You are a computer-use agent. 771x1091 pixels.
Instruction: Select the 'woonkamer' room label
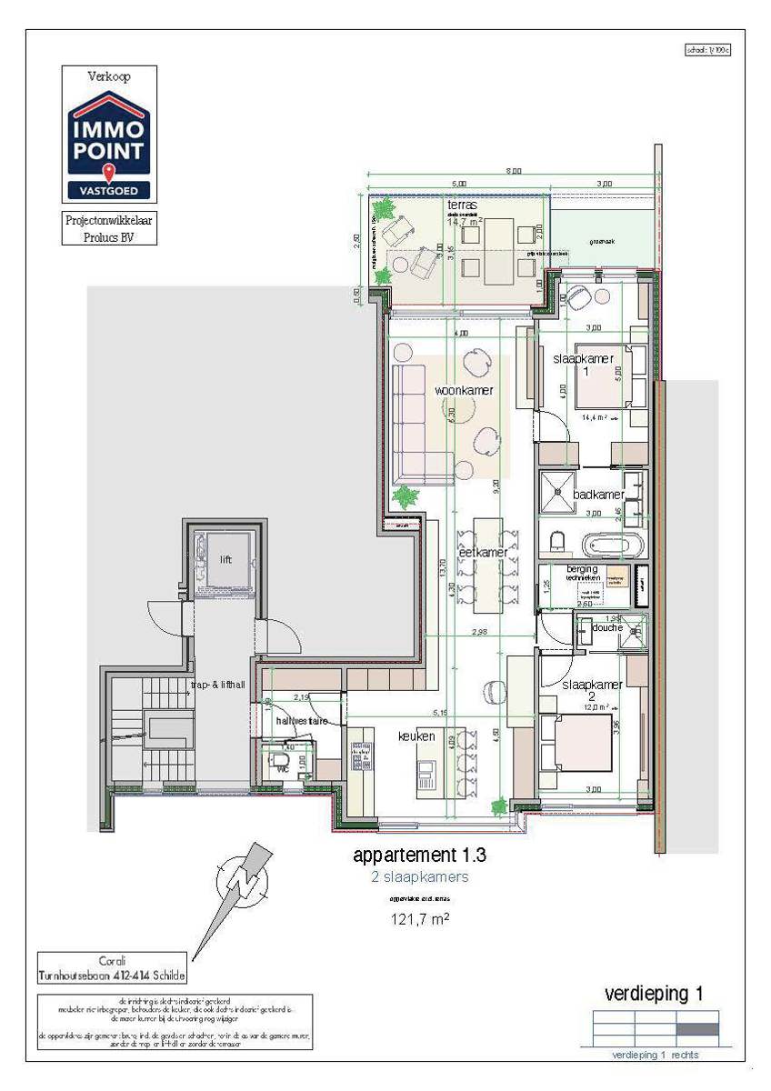464,390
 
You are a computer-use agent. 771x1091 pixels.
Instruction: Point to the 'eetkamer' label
483,552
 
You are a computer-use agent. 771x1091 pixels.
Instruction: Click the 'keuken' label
416,736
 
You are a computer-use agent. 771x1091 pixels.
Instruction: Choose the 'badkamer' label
598,495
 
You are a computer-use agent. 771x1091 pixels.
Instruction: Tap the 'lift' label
225,560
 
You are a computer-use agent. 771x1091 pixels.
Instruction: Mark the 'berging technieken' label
582,573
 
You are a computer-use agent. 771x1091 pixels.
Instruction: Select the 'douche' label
606,627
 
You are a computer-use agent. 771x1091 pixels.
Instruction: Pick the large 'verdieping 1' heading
654,994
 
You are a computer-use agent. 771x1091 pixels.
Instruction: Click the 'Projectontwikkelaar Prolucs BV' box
109,228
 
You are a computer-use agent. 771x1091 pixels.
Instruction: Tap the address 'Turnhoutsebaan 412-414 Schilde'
112,975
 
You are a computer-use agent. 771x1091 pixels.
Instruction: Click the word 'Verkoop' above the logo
109,76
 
